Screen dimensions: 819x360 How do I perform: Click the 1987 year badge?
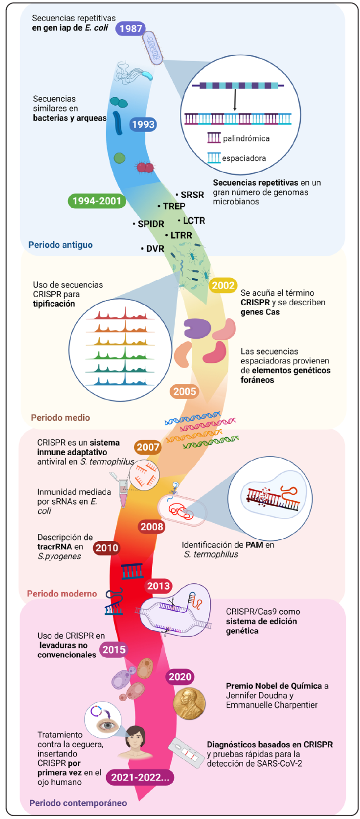(131, 28)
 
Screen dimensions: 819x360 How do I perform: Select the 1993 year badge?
(143, 124)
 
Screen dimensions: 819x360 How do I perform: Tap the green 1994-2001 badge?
(96, 201)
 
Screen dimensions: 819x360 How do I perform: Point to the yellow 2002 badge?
(223, 286)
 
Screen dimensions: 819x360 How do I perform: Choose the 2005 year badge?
(184, 391)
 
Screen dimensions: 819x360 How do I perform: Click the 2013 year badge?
(158, 586)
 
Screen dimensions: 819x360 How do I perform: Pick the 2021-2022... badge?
(140, 777)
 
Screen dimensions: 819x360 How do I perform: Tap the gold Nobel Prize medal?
(189, 703)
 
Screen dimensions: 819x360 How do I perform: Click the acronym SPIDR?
(151, 224)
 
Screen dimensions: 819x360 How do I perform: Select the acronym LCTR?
(194, 221)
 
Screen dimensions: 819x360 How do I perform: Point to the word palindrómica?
(246, 139)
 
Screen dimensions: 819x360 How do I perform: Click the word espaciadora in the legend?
(244, 158)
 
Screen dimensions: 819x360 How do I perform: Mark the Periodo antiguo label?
(60, 245)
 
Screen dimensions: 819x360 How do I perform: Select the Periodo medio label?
(60, 418)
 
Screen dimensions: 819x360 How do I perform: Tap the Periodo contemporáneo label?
(78, 803)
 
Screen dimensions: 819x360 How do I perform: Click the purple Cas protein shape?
(197, 329)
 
